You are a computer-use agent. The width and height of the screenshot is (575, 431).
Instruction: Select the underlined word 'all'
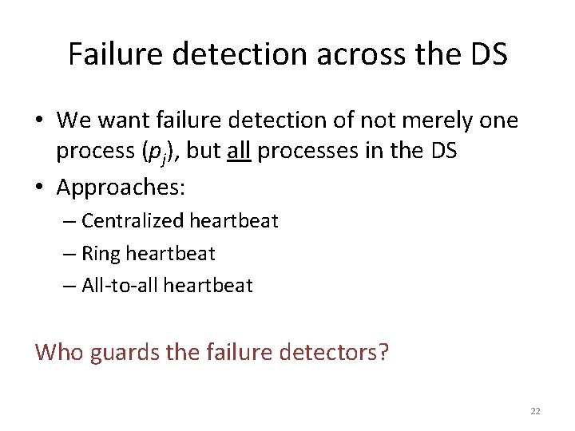pyautogui.click(x=239, y=151)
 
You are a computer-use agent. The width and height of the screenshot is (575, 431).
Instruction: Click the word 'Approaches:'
pyautogui.click(x=121, y=188)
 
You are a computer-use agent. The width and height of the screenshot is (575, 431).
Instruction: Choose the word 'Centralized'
pyautogui.click(x=132, y=221)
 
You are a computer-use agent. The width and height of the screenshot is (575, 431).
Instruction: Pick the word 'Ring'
pyautogui.click(x=101, y=254)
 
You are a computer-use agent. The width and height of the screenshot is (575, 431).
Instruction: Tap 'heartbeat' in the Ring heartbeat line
pyautogui.click(x=171, y=254)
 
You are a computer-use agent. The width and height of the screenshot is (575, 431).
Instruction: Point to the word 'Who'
pyautogui.click(x=58, y=351)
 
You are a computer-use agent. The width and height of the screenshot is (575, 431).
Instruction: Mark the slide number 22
pyautogui.click(x=535, y=411)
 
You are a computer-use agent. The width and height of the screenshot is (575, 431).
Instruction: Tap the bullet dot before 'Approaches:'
pyautogui.click(x=40, y=188)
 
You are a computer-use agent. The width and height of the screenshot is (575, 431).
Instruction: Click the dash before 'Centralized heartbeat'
pyautogui.click(x=69, y=222)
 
